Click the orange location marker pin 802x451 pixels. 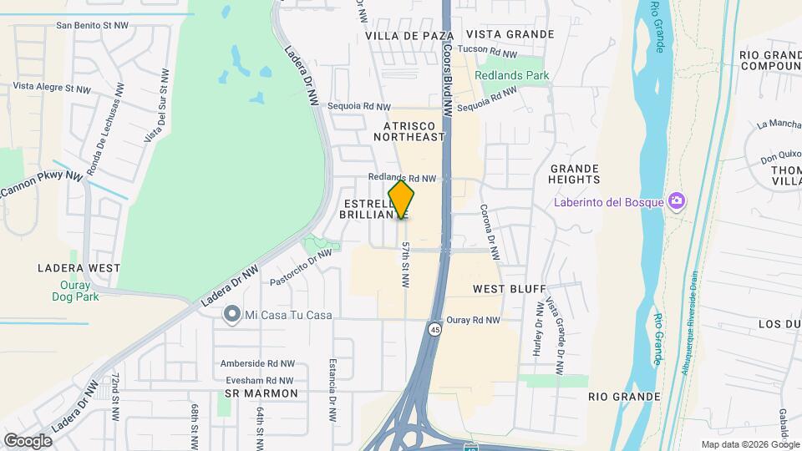402,200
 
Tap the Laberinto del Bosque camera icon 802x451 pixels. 676,201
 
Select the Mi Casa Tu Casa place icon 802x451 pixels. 231,315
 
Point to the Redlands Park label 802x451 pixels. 512,75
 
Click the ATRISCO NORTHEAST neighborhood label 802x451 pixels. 409,130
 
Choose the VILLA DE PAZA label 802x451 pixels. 409,36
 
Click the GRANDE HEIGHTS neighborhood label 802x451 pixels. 575,174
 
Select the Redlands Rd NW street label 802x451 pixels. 404,178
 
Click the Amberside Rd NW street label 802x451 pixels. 258,363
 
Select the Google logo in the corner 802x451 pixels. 28,440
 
